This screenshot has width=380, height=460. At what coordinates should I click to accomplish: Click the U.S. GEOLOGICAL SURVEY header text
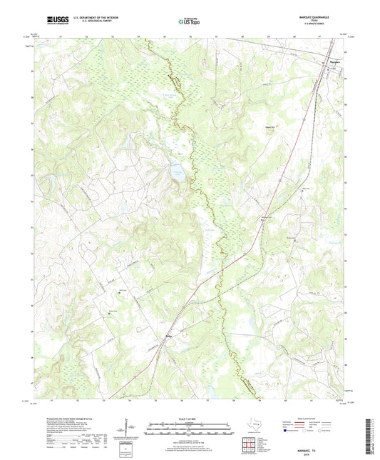[x=92, y=21]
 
